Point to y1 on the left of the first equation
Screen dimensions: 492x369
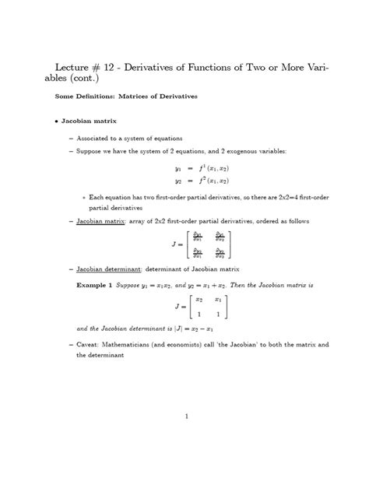click(177, 168)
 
